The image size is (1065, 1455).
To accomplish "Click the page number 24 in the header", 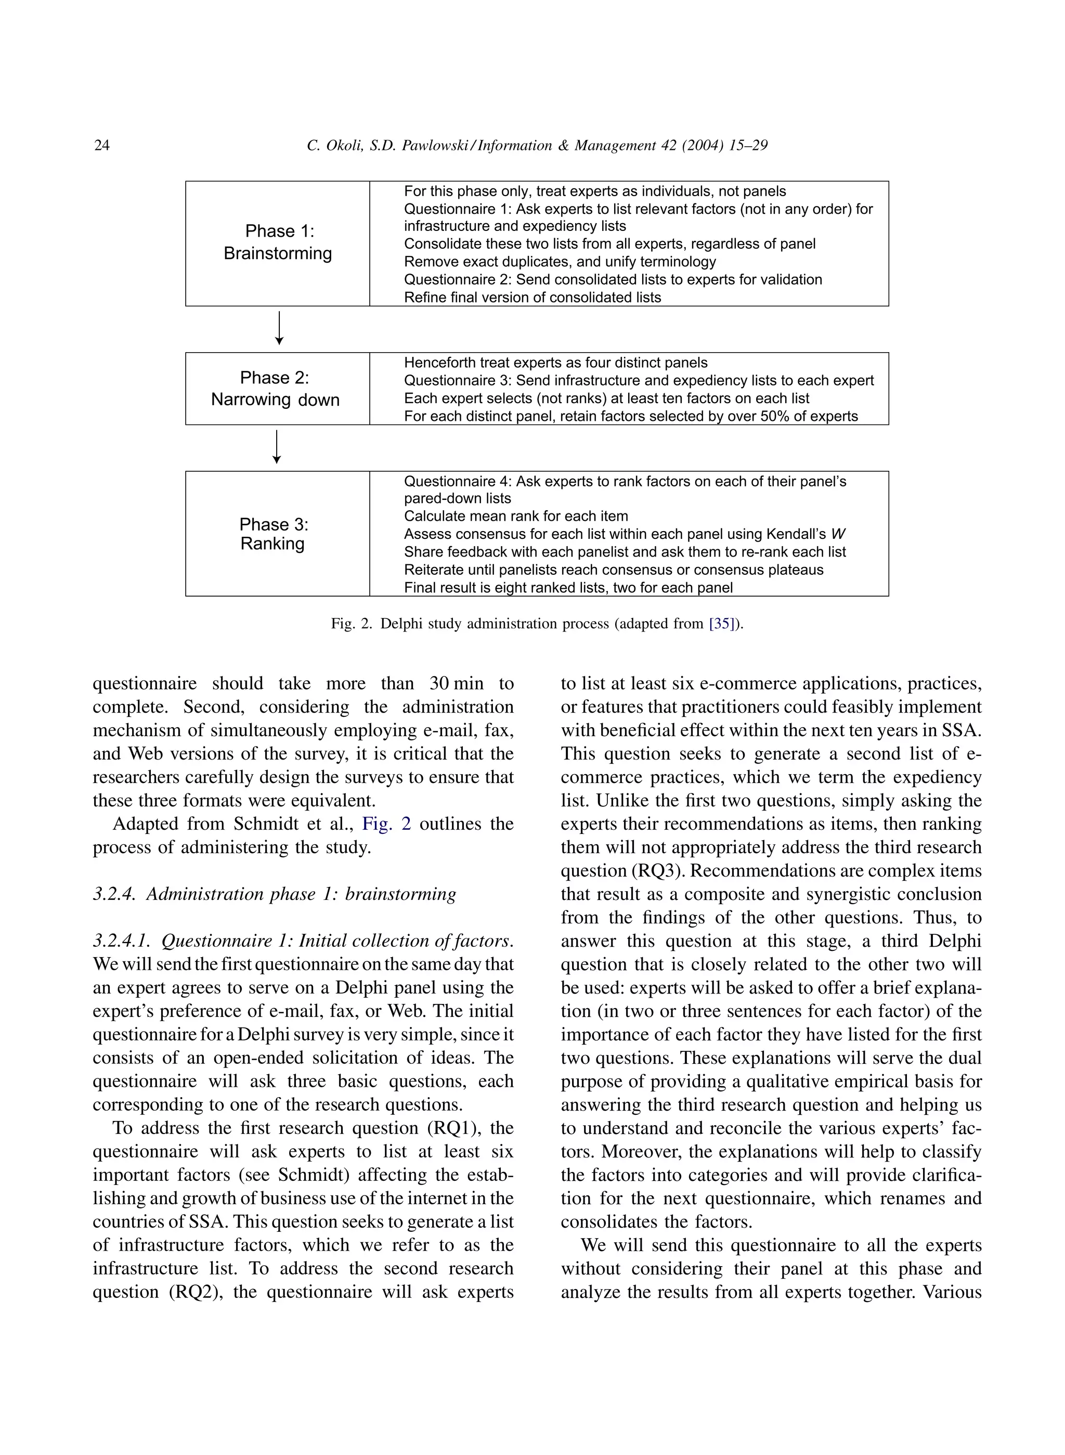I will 102,145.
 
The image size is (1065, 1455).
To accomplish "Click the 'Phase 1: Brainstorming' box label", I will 278,242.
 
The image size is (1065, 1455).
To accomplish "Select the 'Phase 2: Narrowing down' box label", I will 275,389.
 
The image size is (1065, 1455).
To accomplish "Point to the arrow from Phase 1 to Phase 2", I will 279,328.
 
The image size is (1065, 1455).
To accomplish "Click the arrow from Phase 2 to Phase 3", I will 277,447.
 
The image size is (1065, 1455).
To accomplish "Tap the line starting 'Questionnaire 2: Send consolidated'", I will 613,280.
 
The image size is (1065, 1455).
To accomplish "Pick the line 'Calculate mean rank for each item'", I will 516,516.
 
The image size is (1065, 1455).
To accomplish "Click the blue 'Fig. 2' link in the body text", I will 386,824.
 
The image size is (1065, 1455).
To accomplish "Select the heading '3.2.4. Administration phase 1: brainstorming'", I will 275,894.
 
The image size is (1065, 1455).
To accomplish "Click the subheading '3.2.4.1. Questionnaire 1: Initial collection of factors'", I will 303,941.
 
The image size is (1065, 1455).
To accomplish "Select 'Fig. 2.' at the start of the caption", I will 352,624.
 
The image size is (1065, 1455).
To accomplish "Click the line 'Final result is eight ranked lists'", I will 568,587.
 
